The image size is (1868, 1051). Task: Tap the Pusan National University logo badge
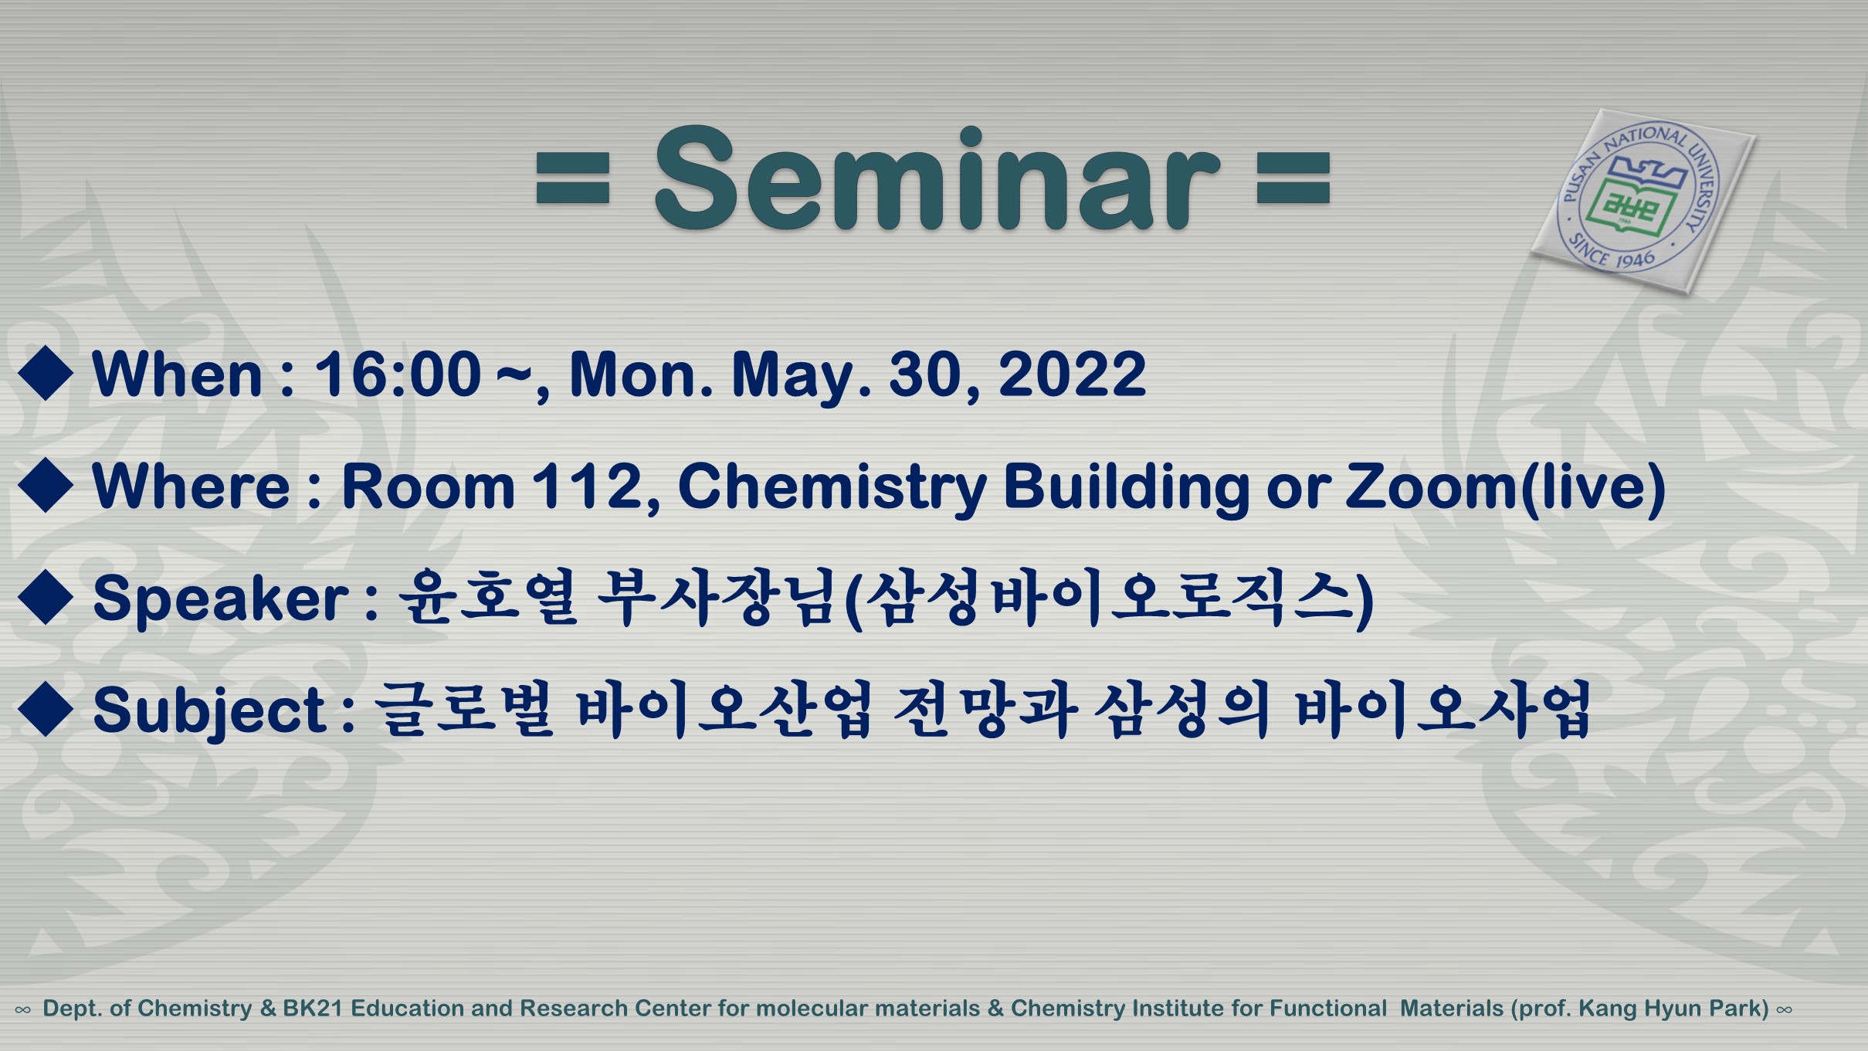pos(1643,201)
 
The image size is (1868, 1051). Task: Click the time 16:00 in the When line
pos(398,375)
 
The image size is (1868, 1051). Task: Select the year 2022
pos(1073,375)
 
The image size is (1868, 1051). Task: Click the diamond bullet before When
pos(46,373)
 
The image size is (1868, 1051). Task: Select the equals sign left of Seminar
pos(573,178)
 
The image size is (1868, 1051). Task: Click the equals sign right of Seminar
pos(1293,178)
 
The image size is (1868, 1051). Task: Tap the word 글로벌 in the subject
pos(464,709)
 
